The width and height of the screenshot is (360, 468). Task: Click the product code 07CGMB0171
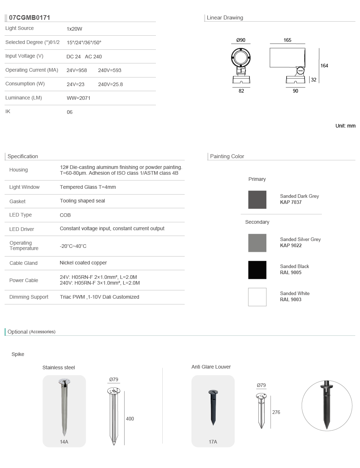coord(30,18)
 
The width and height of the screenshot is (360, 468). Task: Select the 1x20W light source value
coord(74,29)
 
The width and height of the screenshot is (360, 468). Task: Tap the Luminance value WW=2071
coord(78,98)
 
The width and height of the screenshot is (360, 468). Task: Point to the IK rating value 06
coord(70,112)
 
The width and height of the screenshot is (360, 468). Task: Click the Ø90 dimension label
coord(241,40)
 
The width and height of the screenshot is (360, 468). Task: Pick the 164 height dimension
coord(324,66)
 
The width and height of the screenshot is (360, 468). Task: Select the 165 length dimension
coord(287,40)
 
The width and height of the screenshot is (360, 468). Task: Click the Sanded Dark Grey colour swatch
coord(257,200)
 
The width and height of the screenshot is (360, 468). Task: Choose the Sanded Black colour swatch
coord(257,270)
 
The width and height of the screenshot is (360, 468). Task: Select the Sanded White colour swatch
coord(257,297)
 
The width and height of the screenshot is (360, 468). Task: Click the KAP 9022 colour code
coord(291,245)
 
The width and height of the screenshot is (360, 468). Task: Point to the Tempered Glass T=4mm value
coord(88,187)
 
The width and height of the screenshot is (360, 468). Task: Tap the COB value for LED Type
coord(65,215)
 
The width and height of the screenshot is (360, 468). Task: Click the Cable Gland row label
coord(23,263)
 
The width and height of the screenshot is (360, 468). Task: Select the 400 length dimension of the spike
coord(130,419)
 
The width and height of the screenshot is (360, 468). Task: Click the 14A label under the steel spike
coord(64,442)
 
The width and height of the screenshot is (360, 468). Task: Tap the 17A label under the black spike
coord(213,442)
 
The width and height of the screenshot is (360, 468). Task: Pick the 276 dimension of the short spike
coord(276,412)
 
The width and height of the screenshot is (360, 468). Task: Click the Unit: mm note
coord(345,126)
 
